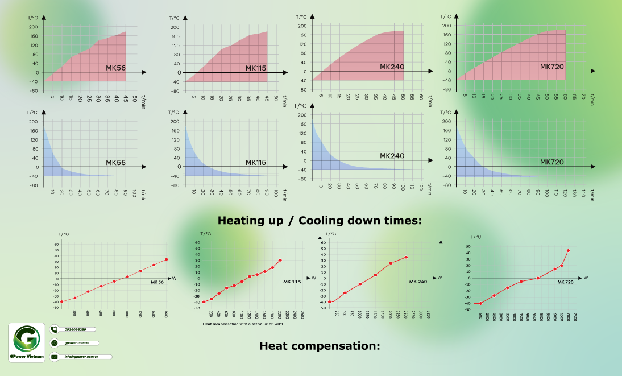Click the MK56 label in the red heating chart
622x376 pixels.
pos(115,68)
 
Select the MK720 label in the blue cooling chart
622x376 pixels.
pos(551,162)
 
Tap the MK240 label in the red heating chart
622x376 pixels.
pos(392,67)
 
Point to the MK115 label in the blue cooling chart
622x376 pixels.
pos(256,163)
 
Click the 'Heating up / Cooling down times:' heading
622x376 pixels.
pos(320,220)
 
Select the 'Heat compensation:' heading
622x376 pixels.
pos(319,345)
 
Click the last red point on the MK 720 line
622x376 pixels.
pos(568,250)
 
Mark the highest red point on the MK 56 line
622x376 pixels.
pos(167,259)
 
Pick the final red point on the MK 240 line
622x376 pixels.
pos(406,257)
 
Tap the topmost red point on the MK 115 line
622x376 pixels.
pos(280,260)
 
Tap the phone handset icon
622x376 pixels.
pos(55,329)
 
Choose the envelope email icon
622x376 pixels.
pos(55,357)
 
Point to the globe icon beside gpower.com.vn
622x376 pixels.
pos(55,343)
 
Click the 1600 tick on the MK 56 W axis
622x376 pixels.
pos(167,314)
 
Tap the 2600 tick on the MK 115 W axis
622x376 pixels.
pos(302,315)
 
